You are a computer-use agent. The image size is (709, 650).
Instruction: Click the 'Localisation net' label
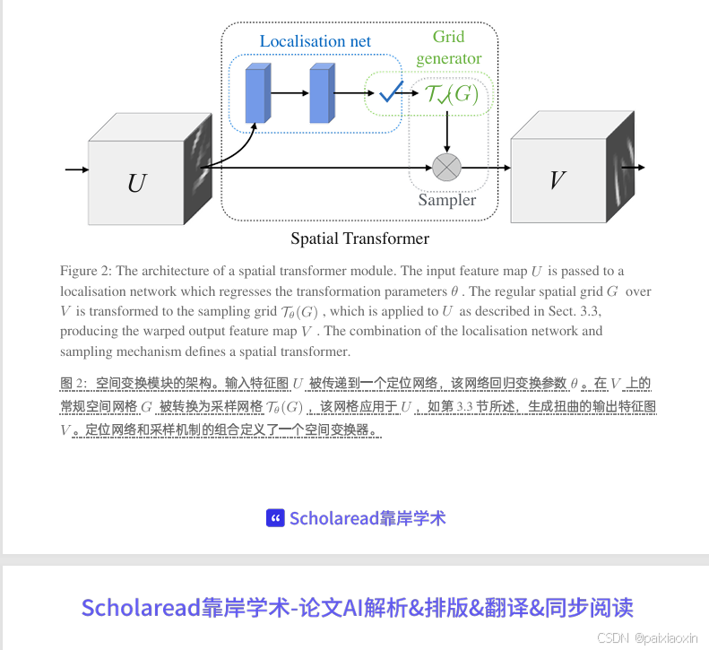pos(315,41)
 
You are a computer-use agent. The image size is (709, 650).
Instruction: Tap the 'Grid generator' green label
pos(448,48)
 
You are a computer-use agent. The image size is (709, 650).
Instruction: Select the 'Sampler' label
pos(446,200)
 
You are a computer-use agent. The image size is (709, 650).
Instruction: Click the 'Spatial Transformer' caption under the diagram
pos(359,238)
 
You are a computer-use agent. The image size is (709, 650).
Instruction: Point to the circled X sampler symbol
pos(446,167)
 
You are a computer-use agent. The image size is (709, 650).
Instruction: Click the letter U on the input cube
pos(136,183)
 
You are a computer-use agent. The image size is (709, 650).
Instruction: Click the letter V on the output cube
pos(557,179)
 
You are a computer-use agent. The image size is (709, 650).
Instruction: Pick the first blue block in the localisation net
pos(256,93)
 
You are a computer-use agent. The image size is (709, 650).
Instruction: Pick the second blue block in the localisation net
pos(321,93)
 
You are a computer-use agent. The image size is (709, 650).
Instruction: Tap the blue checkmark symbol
pos(390,91)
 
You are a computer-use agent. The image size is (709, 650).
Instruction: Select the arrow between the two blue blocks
pos(288,92)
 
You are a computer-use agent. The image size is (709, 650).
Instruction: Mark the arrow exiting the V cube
pos(633,167)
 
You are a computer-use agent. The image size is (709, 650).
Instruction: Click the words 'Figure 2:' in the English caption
pos(85,271)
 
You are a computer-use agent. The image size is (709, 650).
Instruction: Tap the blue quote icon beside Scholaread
pos(275,518)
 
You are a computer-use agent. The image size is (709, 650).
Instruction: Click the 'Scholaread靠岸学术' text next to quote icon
pos(367,518)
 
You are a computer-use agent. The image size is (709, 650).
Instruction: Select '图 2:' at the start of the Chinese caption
pos(73,384)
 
